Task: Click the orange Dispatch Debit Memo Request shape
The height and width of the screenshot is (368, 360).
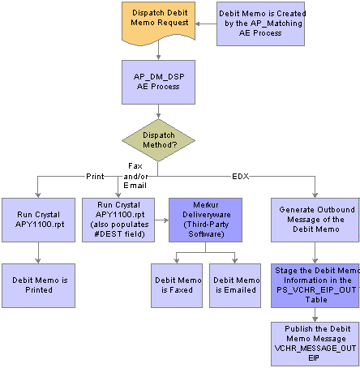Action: (158, 23)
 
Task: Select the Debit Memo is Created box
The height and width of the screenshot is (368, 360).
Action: (260, 24)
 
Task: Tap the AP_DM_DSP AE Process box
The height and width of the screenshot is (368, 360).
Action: (158, 82)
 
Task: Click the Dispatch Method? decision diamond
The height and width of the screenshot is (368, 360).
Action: (158, 140)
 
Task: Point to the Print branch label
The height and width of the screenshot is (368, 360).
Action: (95, 177)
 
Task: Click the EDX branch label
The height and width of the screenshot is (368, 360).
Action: (241, 177)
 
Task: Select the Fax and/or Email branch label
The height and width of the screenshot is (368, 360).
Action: (135, 176)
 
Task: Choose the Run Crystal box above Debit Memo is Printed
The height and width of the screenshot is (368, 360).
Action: (38, 220)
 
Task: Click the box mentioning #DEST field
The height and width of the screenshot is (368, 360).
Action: (118, 220)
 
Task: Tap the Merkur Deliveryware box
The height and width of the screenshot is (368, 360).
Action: (205, 220)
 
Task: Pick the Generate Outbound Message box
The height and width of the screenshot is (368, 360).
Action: (315, 220)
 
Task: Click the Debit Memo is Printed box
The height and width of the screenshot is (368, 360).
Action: (38, 285)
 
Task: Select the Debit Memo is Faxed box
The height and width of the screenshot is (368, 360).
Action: (177, 285)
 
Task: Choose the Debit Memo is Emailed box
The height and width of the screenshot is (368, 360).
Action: (235, 285)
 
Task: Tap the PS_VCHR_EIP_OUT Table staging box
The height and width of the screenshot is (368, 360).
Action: (315, 285)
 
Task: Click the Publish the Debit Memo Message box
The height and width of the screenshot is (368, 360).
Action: (315, 344)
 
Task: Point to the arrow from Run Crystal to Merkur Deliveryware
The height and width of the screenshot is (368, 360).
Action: (162, 220)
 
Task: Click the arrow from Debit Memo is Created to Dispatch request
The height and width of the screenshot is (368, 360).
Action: (206, 24)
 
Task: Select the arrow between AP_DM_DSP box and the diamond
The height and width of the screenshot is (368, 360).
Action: (158, 112)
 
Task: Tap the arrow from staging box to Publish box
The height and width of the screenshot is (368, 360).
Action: (315, 315)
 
